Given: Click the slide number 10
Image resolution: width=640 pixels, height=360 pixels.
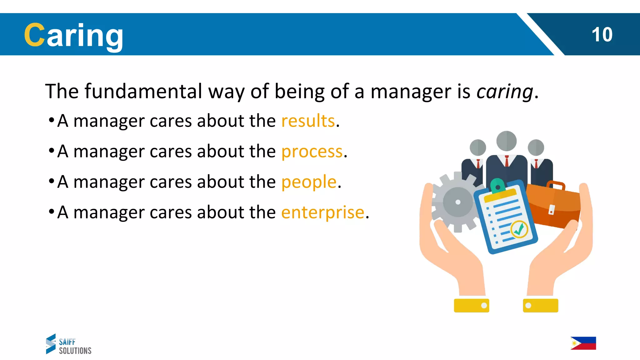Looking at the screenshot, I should (602, 34).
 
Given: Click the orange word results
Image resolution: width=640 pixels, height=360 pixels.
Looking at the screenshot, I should (308, 121).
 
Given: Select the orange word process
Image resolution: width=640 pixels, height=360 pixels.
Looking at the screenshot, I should (312, 152).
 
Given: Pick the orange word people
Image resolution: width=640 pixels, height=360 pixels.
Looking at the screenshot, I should (309, 182).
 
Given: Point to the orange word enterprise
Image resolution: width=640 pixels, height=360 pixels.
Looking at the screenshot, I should (323, 212).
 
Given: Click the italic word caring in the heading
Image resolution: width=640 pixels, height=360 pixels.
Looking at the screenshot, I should (505, 92).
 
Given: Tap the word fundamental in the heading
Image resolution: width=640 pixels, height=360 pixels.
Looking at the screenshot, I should (143, 91).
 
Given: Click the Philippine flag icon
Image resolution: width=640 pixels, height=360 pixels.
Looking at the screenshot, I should (583, 343).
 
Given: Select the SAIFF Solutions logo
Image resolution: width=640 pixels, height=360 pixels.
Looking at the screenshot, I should (68, 344).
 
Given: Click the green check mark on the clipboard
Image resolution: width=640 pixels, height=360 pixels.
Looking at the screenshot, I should (519, 230).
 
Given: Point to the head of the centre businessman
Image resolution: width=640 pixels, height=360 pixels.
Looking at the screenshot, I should (506, 141).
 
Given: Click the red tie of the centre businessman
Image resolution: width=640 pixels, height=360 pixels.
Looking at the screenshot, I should (507, 162).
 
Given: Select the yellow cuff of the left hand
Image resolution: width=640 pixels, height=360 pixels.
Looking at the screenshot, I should (471, 305).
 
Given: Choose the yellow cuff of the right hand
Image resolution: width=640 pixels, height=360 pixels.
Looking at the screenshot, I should (540, 305).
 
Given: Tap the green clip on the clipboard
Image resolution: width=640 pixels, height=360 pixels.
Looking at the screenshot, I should (497, 186).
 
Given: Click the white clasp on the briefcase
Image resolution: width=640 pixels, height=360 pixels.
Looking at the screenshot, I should (552, 209).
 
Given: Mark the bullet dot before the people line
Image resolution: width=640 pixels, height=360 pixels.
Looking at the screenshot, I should (52, 181).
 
